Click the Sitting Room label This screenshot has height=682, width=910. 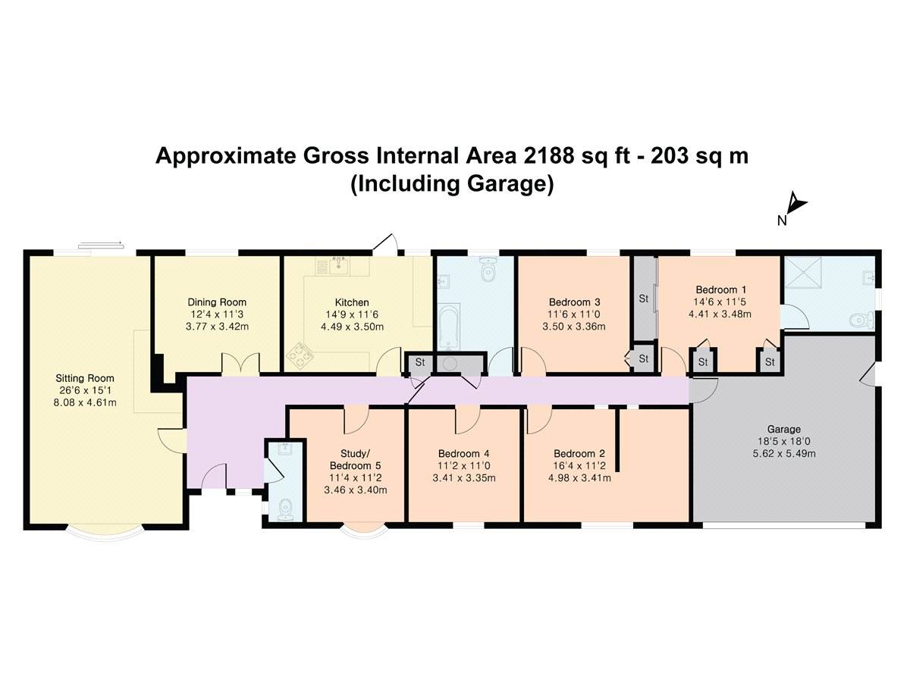click(85, 378)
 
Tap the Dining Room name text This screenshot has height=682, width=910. click(217, 302)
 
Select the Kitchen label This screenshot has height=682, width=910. click(352, 302)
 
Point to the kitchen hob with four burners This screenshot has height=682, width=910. click(300, 355)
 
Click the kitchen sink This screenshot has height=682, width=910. click(339, 265)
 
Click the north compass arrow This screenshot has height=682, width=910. click(796, 205)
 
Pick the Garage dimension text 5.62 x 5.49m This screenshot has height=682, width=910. click(784, 453)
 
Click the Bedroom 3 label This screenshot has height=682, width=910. click(574, 302)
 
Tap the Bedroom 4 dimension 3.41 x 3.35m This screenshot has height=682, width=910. click(464, 478)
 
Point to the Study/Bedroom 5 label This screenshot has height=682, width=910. click(356, 460)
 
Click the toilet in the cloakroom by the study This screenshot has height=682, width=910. click(285, 509)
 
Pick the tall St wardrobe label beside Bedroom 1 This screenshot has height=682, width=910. click(643, 299)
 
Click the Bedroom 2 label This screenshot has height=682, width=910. click(579, 453)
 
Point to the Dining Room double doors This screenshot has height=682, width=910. click(241, 364)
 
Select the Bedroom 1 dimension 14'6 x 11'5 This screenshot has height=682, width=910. click(720, 302)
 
